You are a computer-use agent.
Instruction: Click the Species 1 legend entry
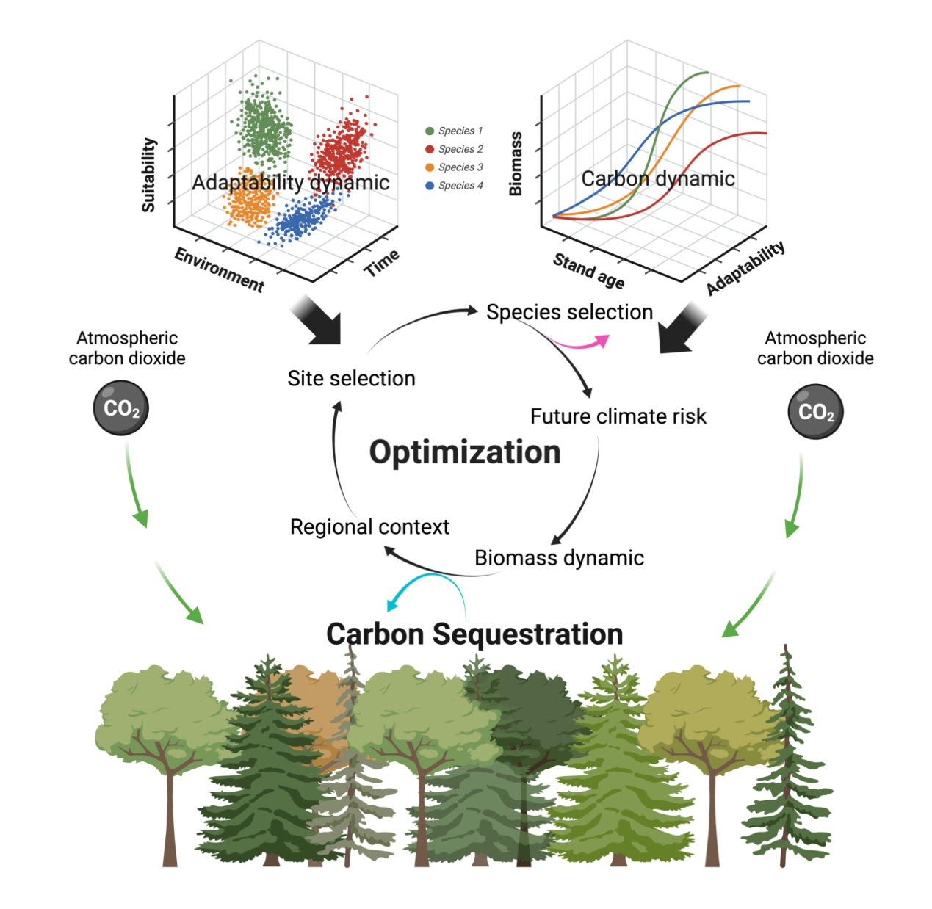pos(454,131)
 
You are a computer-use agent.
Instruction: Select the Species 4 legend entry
pos(454,186)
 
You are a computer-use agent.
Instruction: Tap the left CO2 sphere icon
pos(121,408)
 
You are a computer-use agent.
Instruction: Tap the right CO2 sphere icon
pos(815,412)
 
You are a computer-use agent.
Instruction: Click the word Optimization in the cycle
pos(465,452)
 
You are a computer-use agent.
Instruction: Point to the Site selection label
pos(351,378)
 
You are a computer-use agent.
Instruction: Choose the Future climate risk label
pos(618,416)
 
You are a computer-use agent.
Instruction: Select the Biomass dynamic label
pos(559,558)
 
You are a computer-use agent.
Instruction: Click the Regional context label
pos(369,527)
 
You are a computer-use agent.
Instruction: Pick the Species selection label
pos(569,312)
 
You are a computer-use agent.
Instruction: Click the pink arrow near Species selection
pos(580,342)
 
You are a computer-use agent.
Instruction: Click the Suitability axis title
pos(149,175)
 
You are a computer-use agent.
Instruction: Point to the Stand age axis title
pos(588,271)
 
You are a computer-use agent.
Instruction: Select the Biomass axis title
pos(516,164)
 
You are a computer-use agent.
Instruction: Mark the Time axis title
pos(382,263)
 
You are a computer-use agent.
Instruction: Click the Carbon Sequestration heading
pos(474,634)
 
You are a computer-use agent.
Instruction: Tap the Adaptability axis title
pos(745,268)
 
